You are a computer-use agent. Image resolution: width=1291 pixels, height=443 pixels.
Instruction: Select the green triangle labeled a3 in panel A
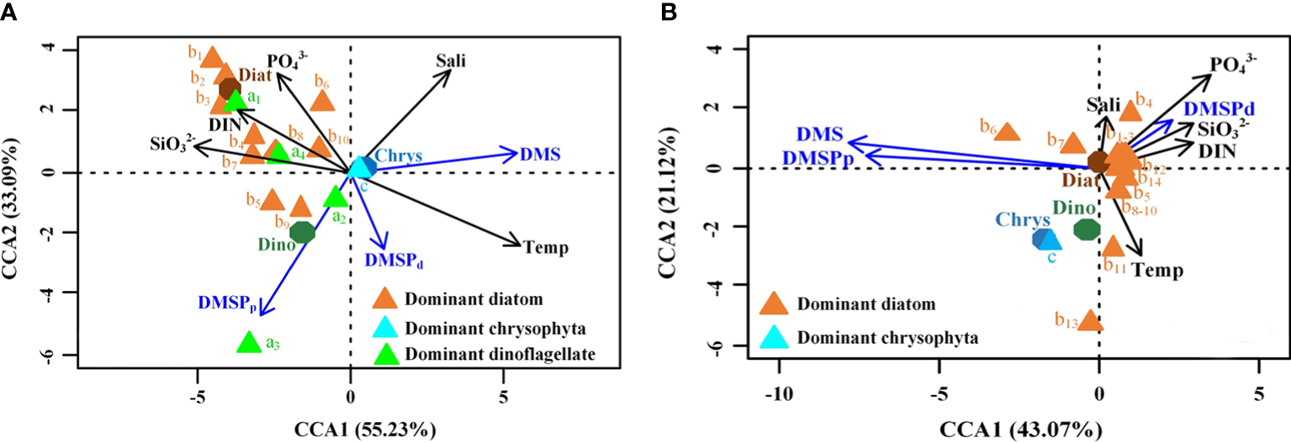[248, 342]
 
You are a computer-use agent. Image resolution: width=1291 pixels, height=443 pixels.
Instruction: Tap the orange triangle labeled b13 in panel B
[1091, 320]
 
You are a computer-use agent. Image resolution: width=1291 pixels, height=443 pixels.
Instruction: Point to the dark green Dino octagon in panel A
[303, 232]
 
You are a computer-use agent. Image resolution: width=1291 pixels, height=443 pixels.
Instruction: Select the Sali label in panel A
[451, 61]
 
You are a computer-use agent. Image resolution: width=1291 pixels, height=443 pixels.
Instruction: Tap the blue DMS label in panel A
[541, 154]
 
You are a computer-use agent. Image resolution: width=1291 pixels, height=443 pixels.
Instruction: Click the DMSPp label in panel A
[226, 301]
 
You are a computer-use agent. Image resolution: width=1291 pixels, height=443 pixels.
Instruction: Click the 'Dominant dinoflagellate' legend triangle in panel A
[386, 354]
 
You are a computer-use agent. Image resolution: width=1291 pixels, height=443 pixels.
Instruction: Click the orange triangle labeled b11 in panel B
[1113, 246]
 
